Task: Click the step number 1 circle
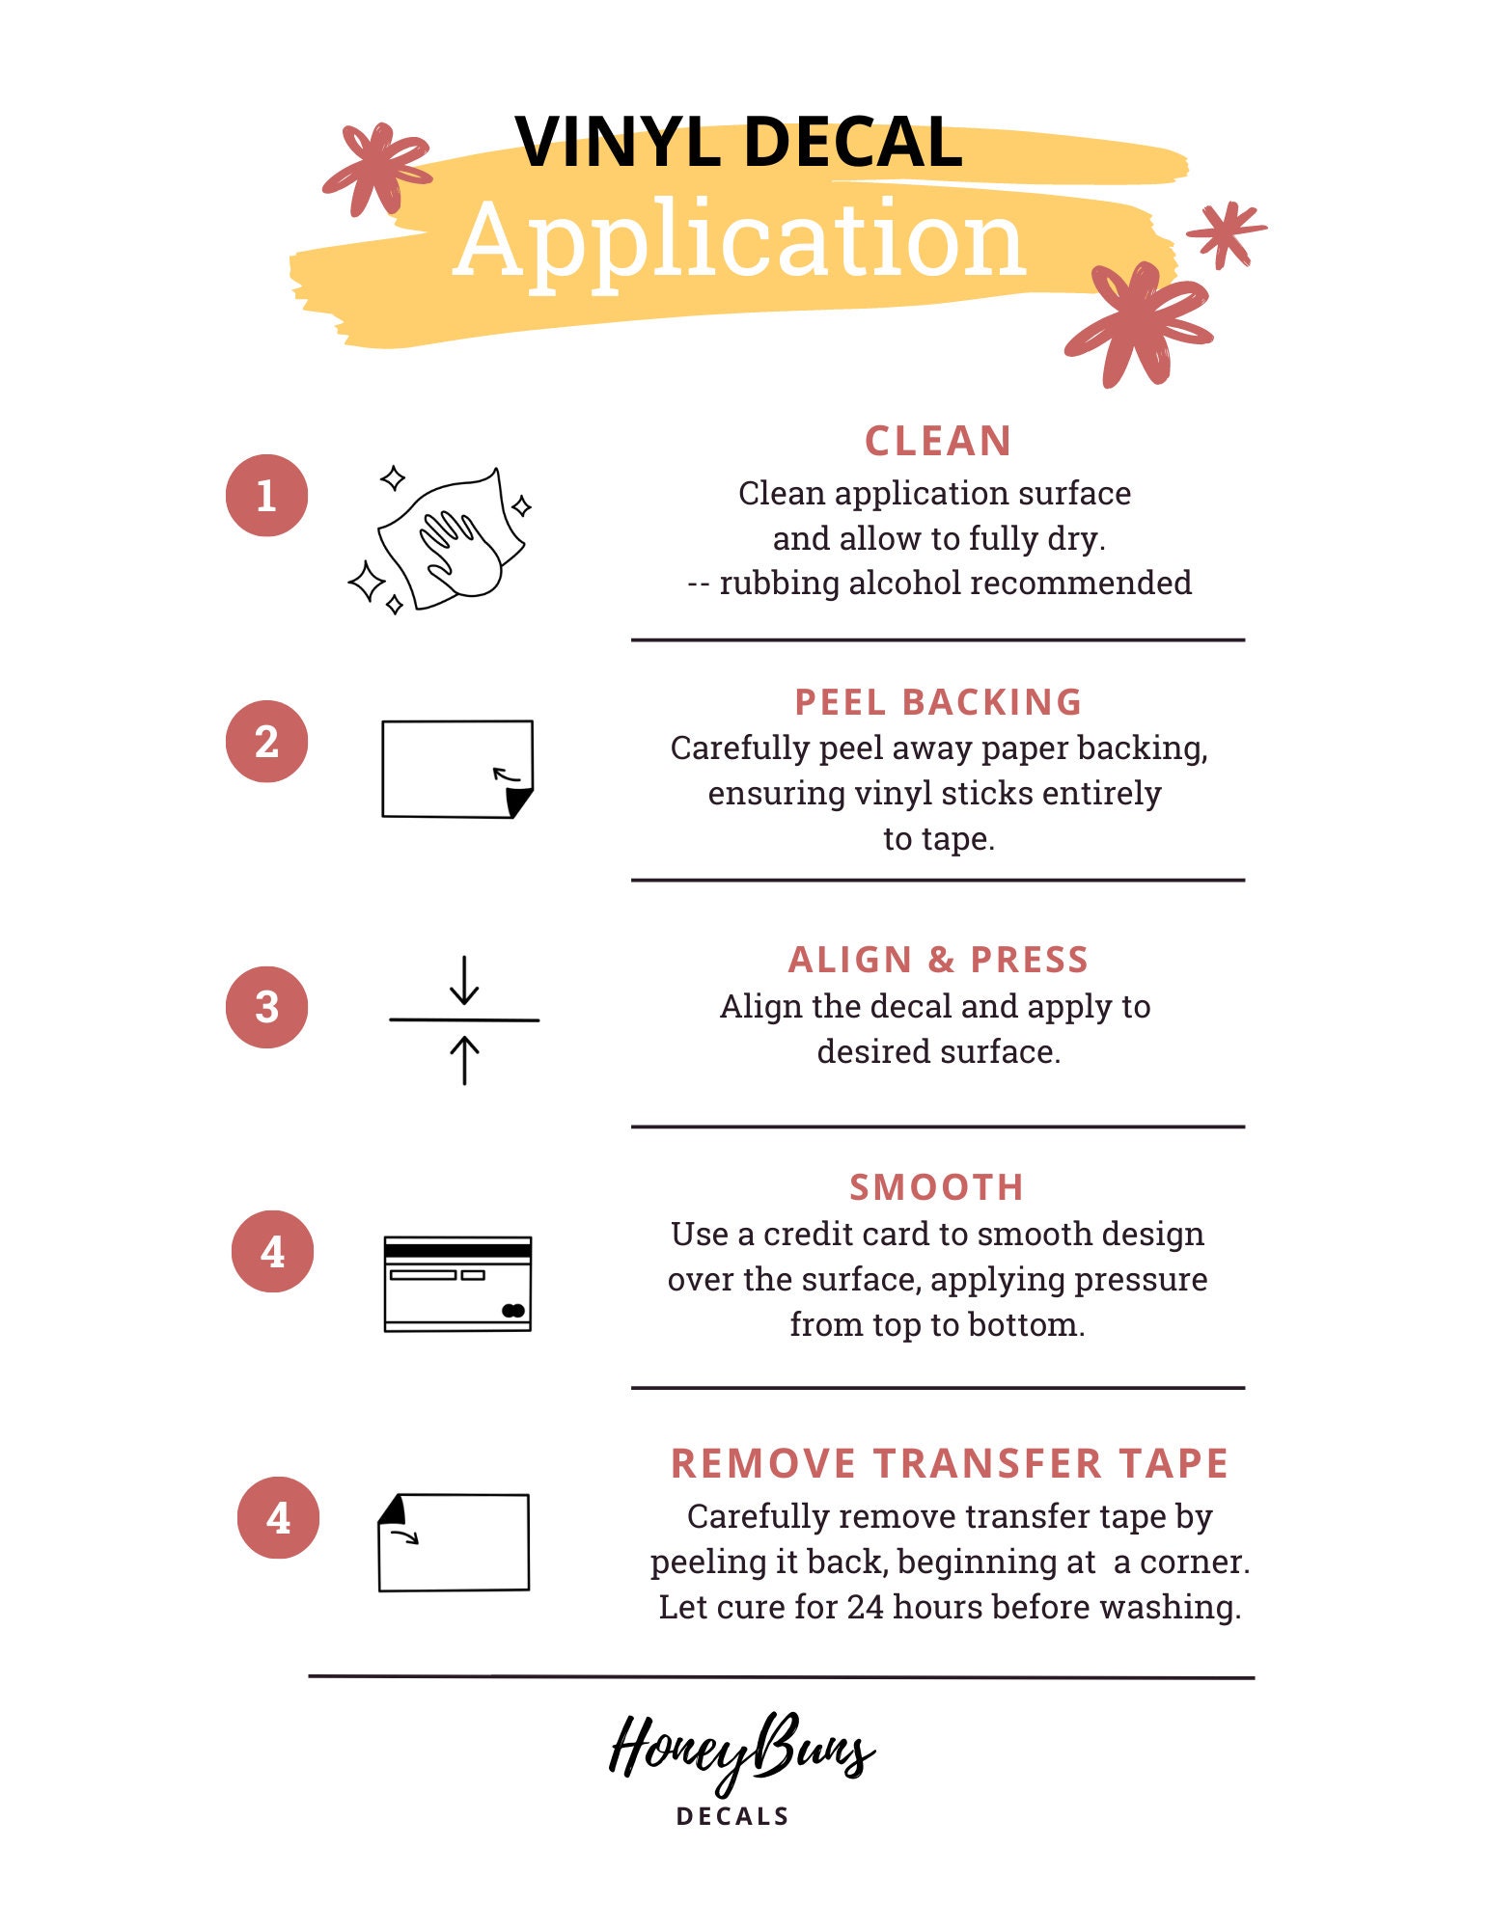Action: click(x=266, y=495)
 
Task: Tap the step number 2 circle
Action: click(x=266, y=741)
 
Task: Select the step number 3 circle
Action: click(x=266, y=1007)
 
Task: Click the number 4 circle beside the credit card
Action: click(x=272, y=1252)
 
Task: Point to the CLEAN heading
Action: click(x=938, y=442)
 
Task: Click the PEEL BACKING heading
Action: click(x=938, y=702)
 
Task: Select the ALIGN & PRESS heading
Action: click(x=938, y=960)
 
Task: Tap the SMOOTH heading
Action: click(x=936, y=1187)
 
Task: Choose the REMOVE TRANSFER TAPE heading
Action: click(x=950, y=1463)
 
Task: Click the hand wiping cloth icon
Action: click(x=439, y=540)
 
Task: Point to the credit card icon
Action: click(x=457, y=1284)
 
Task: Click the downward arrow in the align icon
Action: click(x=464, y=980)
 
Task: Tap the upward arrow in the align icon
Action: click(x=464, y=1060)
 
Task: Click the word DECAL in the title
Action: click(x=853, y=143)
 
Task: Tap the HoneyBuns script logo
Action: click(x=742, y=1752)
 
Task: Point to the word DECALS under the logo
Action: click(x=733, y=1817)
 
